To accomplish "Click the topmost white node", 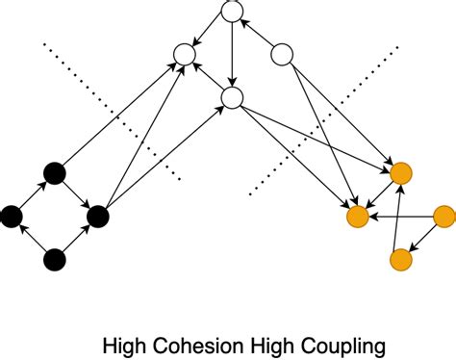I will coord(232,12).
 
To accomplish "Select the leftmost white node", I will coord(183,55).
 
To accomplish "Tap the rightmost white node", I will coord(281,55).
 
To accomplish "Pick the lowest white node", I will coord(232,97).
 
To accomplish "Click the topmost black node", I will coord(55,174).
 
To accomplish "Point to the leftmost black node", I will coord(12,216).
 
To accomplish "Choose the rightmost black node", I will coord(97,216).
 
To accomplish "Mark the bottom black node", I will coord(55,258).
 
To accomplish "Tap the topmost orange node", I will coord(401,174).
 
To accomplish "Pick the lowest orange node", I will coord(401,258).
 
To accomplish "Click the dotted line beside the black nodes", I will coord(114,111).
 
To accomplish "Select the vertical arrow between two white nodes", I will coord(232,54).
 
